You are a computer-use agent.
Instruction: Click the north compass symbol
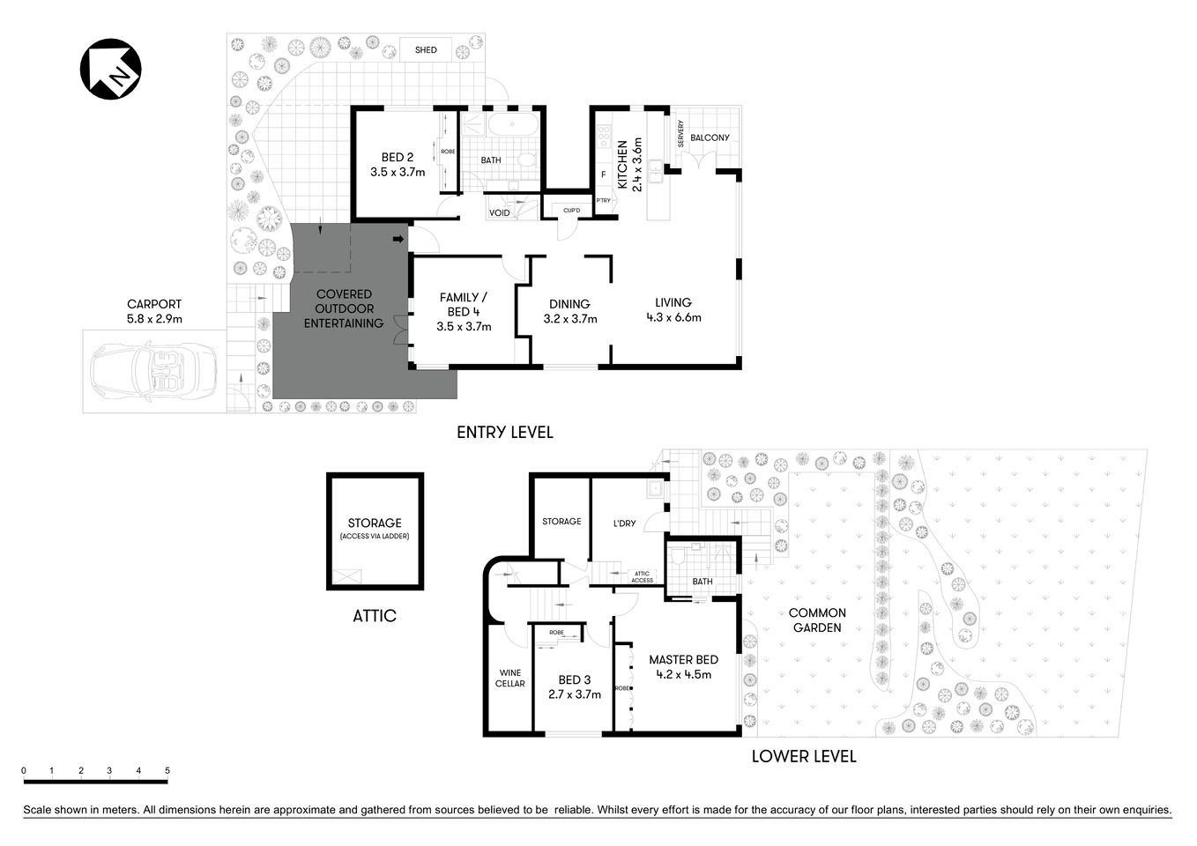pyautogui.click(x=111, y=69)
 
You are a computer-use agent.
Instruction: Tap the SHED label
pyautogui.click(x=426, y=50)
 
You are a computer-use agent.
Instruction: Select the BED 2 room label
pyautogui.click(x=398, y=158)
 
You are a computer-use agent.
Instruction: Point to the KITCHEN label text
pyautogui.click(x=622, y=165)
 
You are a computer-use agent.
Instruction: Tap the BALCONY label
pyautogui.click(x=710, y=137)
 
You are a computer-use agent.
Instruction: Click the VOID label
pyautogui.click(x=499, y=213)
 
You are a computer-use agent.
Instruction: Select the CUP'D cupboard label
pyautogui.click(x=571, y=211)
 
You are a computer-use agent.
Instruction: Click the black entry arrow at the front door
pyautogui.click(x=398, y=239)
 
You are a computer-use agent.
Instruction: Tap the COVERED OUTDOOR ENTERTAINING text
pyautogui.click(x=344, y=308)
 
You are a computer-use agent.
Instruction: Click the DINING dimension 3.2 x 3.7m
pyautogui.click(x=570, y=319)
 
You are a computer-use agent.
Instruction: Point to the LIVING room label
pyautogui.click(x=673, y=302)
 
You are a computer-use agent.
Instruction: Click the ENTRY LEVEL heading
pyautogui.click(x=505, y=432)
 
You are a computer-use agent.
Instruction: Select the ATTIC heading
pyautogui.click(x=375, y=616)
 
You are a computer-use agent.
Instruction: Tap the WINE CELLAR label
pyautogui.click(x=509, y=678)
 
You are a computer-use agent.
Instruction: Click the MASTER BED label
pyautogui.click(x=683, y=659)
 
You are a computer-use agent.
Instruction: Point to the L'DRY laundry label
pyautogui.click(x=624, y=523)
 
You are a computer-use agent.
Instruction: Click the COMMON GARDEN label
pyautogui.click(x=817, y=620)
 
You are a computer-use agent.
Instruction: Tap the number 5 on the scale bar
pyautogui.click(x=167, y=771)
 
